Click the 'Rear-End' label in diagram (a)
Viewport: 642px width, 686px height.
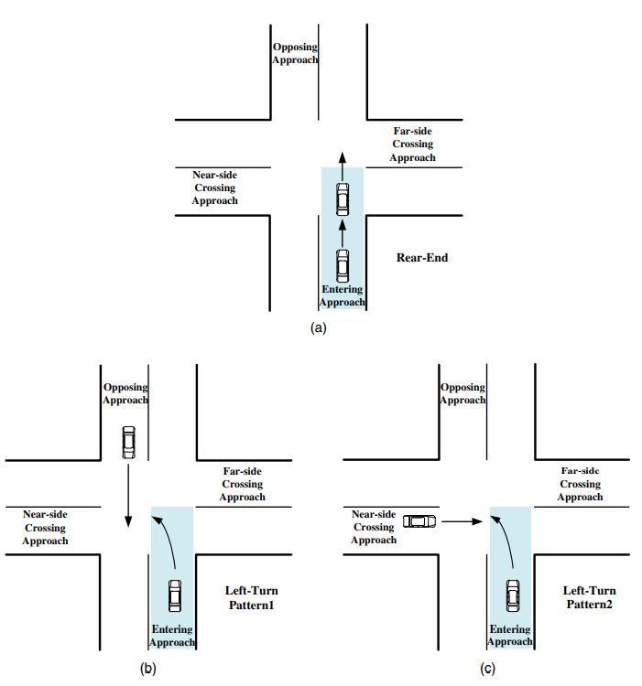pyautogui.click(x=422, y=257)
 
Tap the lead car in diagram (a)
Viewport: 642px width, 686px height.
pyautogui.click(x=343, y=198)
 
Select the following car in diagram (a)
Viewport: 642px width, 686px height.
pyautogui.click(x=343, y=265)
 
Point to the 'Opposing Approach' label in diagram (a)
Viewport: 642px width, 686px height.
pyautogui.click(x=295, y=53)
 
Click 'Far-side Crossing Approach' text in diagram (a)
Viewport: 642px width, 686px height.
pyautogui.click(x=412, y=145)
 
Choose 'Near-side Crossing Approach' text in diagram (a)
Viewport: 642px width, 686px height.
pyautogui.click(x=214, y=188)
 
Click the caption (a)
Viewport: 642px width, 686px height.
pyautogui.click(x=319, y=327)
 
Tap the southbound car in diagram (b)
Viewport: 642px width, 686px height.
pyautogui.click(x=128, y=442)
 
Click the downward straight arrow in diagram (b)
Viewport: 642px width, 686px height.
pyautogui.click(x=128, y=495)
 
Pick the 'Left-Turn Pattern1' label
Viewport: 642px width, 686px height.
pyautogui.click(x=251, y=598)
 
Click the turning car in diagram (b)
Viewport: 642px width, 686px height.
pyautogui.click(x=175, y=595)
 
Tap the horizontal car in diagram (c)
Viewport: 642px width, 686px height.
pyautogui.click(x=419, y=520)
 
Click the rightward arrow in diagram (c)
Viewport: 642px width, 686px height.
pyautogui.click(x=462, y=521)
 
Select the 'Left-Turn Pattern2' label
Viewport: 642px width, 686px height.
pyautogui.click(x=589, y=598)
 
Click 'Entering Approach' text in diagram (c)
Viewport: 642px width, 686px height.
pyautogui.click(x=510, y=635)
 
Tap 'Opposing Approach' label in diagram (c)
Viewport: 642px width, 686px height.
pyautogui.click(x=462, y=394)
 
